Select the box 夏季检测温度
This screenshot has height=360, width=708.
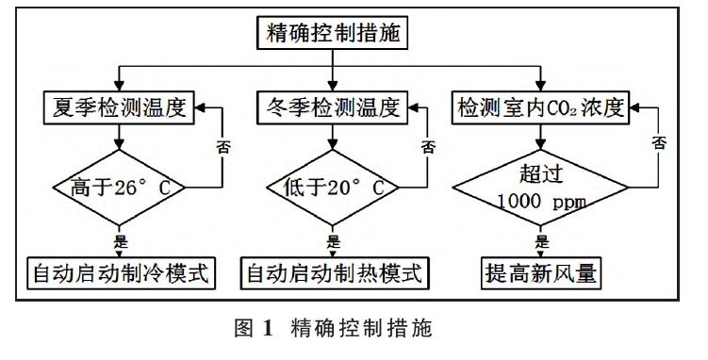tap(118, 106)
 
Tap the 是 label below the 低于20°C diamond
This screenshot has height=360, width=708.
tap(331, 241)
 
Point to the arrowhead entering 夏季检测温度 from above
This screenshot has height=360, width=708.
tap(117, 85)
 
